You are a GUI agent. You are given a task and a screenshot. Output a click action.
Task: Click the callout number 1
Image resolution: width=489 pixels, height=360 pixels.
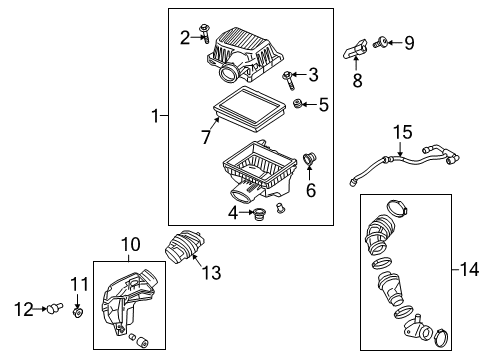155,116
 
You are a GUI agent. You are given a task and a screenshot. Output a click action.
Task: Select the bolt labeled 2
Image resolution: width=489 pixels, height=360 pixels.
204,34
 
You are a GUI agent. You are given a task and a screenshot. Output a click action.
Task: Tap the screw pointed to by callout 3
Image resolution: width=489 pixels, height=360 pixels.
289,80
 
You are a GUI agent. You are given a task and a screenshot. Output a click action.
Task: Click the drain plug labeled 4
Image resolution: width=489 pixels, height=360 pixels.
258,214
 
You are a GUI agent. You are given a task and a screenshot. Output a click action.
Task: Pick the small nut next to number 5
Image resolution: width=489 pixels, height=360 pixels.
297,104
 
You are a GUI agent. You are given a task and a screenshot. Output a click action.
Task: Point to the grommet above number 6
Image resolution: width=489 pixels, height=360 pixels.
309,158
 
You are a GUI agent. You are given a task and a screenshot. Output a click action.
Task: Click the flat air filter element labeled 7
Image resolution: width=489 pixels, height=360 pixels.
249,108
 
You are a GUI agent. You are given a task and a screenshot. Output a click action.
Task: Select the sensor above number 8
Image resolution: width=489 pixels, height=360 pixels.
355,49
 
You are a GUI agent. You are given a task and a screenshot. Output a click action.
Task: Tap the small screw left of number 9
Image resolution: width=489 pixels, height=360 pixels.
380,43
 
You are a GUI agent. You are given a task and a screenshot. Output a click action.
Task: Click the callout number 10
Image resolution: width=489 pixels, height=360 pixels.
130,244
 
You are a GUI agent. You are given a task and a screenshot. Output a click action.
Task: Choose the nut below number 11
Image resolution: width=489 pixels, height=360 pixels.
78,313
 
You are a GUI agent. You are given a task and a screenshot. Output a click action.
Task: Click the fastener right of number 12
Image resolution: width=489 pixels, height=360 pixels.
55,308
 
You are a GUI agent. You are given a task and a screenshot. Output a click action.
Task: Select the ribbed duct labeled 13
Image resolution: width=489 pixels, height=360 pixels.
185,247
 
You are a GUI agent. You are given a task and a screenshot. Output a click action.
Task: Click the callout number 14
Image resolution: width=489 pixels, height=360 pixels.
469,269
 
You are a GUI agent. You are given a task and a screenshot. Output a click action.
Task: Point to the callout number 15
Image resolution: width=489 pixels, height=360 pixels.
402,132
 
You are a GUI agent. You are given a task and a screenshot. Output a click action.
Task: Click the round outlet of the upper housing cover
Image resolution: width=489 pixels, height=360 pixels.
228,73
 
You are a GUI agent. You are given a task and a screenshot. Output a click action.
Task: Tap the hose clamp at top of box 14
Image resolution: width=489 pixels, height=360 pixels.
397,207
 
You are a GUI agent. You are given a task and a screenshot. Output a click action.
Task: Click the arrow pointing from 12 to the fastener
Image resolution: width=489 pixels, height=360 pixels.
40,309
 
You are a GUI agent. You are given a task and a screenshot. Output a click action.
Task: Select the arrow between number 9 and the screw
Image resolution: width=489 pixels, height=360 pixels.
394,42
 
